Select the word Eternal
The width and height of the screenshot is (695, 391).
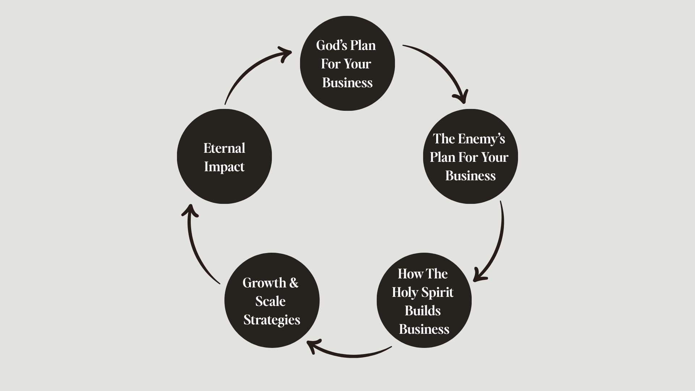tap(224, 148)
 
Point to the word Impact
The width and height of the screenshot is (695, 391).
tap(224, 167)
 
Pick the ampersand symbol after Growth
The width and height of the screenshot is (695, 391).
tap(294, 283)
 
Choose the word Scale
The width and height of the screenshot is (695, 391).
tap(270, 301)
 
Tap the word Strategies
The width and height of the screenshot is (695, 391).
tap(272, 320)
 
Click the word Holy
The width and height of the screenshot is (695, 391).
tap(405, 292)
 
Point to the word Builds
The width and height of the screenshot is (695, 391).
tap(422, 311)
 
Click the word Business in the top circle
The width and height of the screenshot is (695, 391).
tap(347, 83)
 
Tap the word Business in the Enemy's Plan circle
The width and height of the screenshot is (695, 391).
tap(470, 176)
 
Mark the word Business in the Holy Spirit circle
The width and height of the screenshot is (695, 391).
tap(424, 329)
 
